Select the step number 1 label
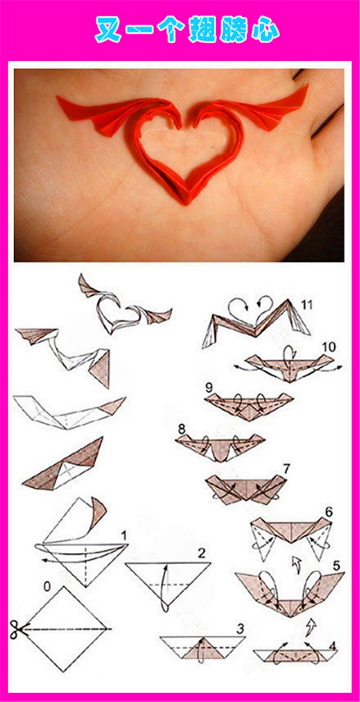pos(124,536)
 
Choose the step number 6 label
pos(329,512)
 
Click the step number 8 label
pos(182,429)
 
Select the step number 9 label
pos(209,388)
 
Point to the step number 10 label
pos(328,347)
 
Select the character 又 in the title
pos(108,31)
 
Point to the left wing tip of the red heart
pos(57,97)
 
